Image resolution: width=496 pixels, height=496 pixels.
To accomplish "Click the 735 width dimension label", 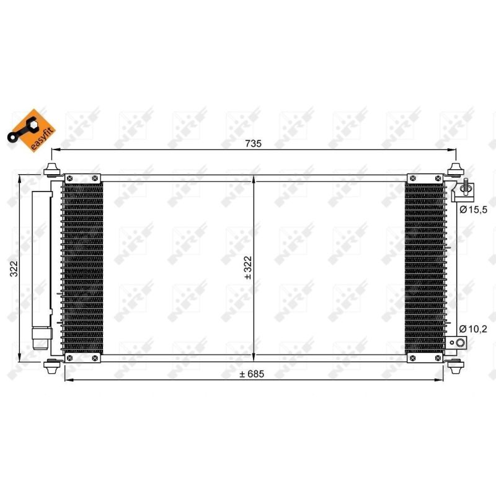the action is tap(254, 144).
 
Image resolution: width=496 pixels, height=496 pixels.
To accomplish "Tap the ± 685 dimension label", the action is tap(252, 374).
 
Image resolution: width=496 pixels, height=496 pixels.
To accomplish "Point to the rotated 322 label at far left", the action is tap(14, 268).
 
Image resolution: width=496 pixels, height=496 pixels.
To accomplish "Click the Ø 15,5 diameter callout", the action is tap(473, 210).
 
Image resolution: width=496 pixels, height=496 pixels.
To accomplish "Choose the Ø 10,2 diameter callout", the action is tap(473, 329).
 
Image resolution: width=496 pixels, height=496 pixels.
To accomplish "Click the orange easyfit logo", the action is tap(32, 130).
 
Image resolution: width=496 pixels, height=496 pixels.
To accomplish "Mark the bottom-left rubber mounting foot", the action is tap(51, 366).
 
